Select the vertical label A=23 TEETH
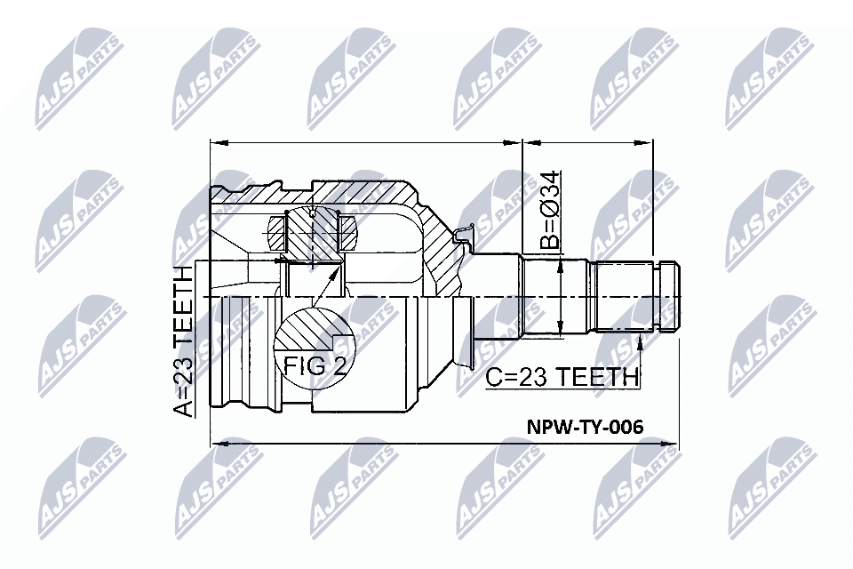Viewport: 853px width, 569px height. coord(181,341)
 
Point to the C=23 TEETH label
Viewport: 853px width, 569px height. coord(562,376)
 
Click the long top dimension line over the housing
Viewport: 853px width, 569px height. coord(364,142)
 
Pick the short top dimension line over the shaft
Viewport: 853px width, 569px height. coord(587,142)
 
